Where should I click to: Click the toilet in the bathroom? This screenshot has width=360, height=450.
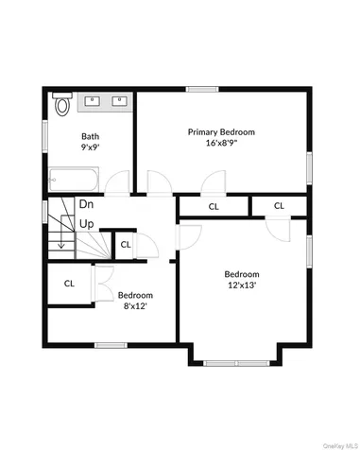pos(62,104)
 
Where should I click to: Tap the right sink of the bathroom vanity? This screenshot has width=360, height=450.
pos(119,99)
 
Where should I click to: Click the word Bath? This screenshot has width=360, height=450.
pos(90,136)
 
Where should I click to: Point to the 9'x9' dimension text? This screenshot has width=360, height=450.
pos(90,147)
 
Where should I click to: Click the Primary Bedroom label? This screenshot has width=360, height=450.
pos(221,132)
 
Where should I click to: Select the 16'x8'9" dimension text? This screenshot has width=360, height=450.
pos(221,144)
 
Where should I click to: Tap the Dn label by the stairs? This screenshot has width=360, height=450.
pos(86,203)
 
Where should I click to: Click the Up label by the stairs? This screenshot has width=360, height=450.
pos(86,224)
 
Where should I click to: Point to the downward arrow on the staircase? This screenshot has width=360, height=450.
pos(61,244)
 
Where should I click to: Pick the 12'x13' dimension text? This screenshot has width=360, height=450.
pos(242,284)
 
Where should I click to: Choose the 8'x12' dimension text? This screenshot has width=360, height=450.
pos(133,305)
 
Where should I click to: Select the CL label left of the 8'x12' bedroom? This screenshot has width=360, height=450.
pos(69,283)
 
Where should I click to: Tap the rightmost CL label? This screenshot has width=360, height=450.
pos(279,205)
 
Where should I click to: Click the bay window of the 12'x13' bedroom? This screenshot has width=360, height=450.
pos(235,361)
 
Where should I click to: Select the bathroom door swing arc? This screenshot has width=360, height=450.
pos(117,182)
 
